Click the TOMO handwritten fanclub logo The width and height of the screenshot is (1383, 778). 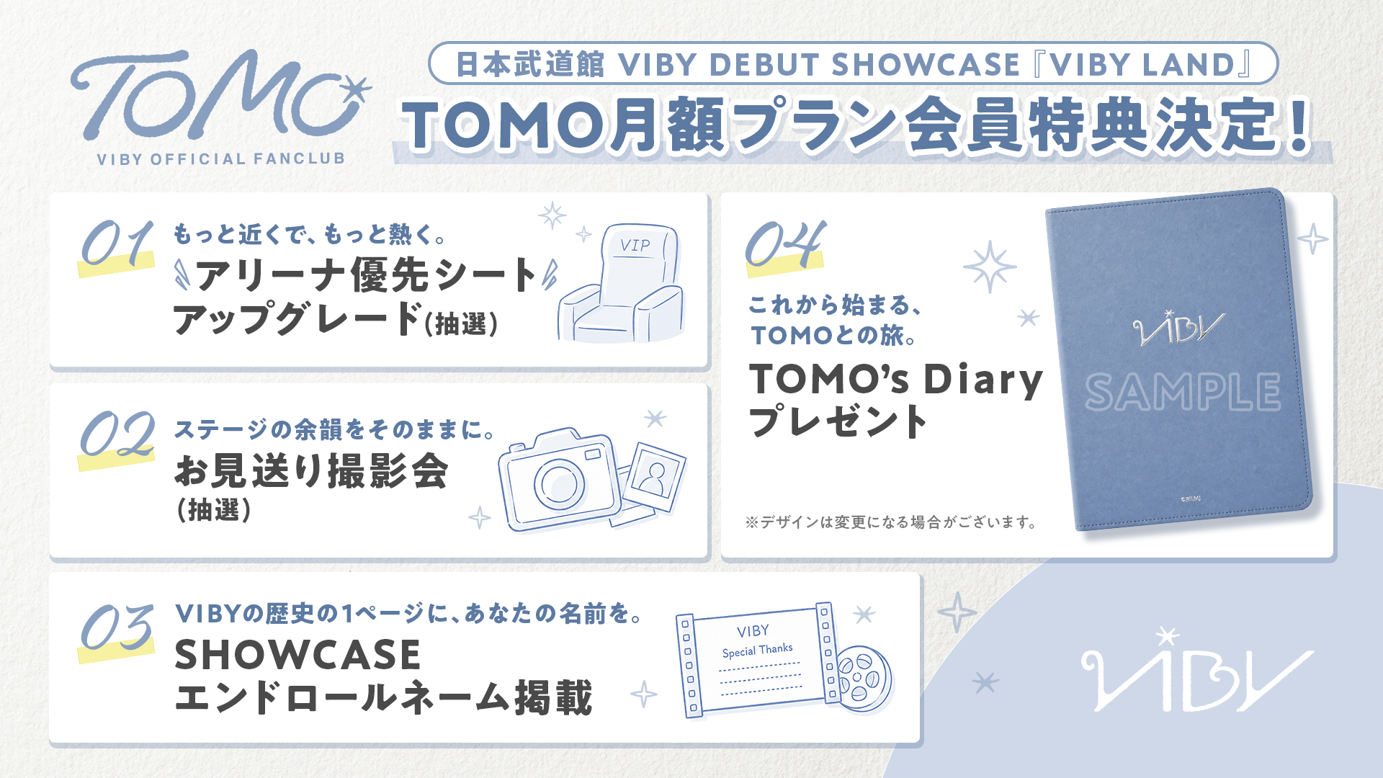(216, 97)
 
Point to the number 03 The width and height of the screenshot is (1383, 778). (117, 626)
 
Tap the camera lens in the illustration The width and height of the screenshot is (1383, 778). (559, 483)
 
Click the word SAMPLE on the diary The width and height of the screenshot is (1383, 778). (1183, 392)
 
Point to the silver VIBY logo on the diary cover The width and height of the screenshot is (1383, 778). (1178, 328)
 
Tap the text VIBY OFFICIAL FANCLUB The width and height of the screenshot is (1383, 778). (221, 158)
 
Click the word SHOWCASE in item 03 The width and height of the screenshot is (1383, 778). (297, 654)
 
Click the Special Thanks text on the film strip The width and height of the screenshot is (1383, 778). (757, 650)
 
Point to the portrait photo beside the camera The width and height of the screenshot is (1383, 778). (655, 476)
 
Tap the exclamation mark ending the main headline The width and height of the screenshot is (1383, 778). (1300, 125)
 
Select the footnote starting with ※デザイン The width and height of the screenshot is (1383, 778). (891, 522)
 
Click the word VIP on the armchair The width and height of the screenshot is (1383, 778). (635, 246)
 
